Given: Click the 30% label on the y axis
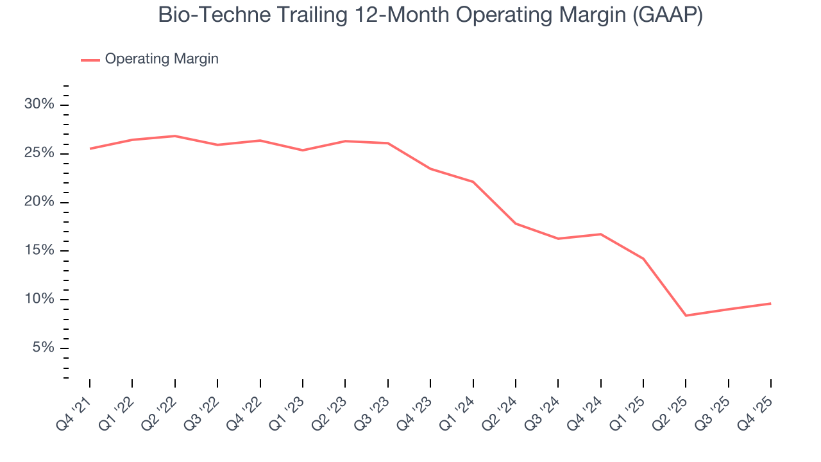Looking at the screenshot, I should point(40,105).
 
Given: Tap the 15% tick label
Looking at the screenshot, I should point(40,250).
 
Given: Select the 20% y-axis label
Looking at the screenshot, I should point(40,201).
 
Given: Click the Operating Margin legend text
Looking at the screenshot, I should point(162,59).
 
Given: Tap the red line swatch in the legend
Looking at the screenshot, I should point(90,60).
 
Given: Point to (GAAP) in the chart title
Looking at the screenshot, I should point(667,15).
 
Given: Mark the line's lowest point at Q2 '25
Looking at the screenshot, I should point(686,316).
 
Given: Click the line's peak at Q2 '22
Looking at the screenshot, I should point(174,136).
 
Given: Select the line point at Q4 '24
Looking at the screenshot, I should point(600,234).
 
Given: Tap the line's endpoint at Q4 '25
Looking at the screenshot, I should point(770,304).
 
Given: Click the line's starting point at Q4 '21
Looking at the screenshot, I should point(90,149).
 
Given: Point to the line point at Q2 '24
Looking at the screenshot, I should point(516,223).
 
